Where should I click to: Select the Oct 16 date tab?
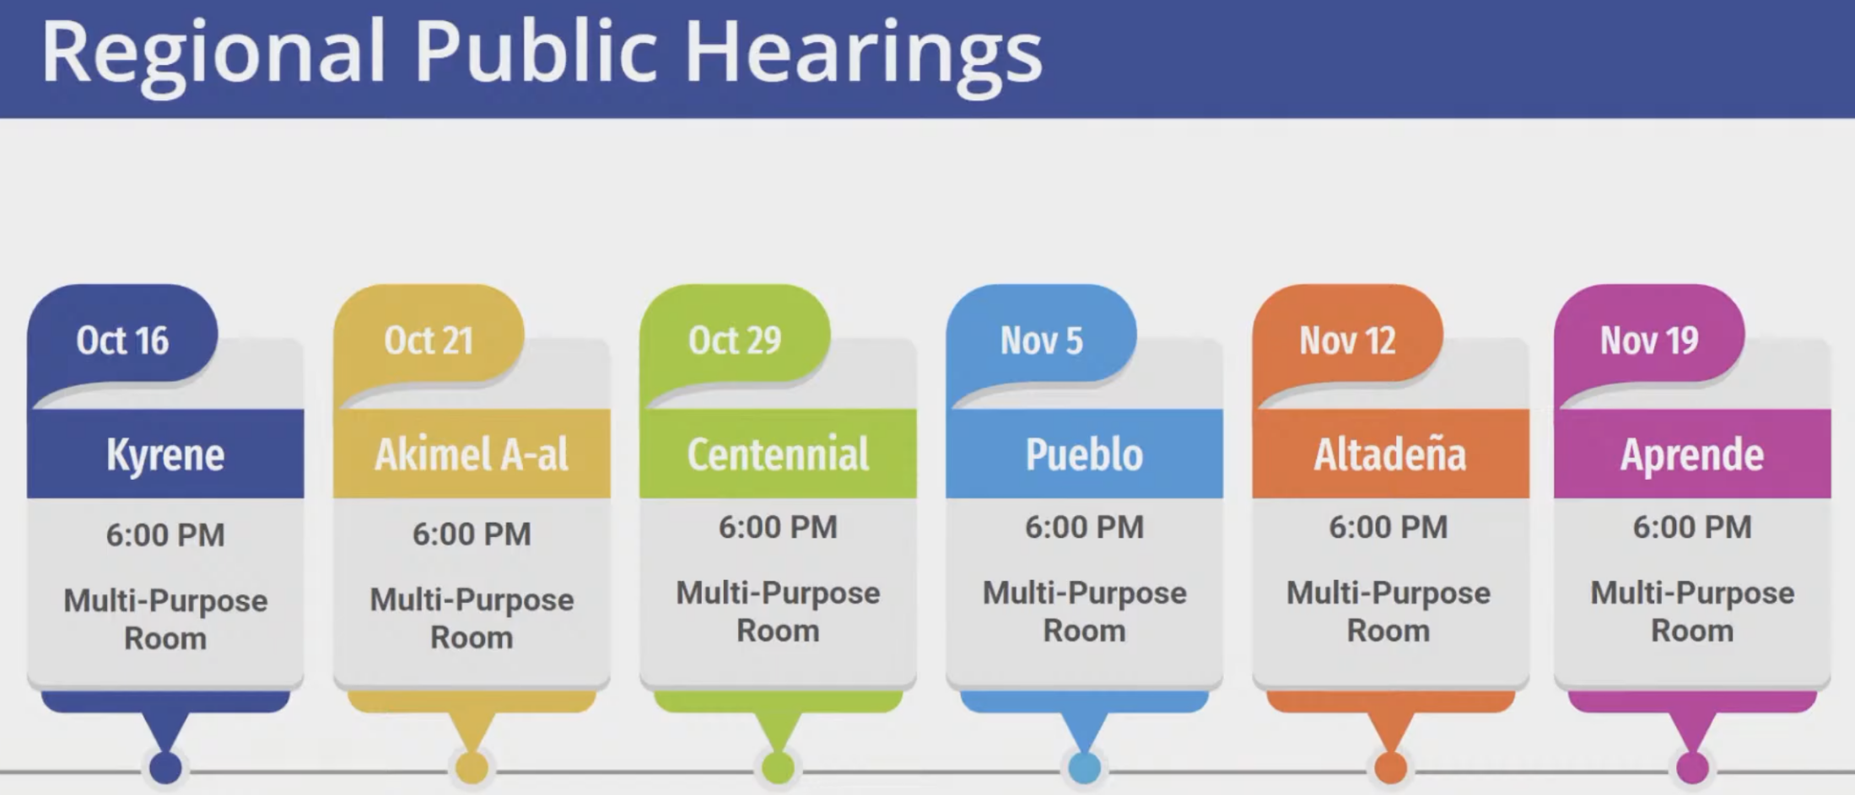[x=122, y=341]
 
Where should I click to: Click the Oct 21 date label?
[x=429, y=341]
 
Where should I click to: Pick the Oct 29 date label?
[x=735, y=341]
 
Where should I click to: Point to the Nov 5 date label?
[x=1041, y=341]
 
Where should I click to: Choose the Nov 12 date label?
[x=1347, y=341]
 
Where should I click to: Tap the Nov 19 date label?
[x=1649, y=341]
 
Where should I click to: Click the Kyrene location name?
[x=165, y=455]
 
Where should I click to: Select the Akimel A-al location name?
[x=472, y=454]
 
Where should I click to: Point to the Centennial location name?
[x=778, y=454]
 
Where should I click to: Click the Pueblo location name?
[x=1084, y=454]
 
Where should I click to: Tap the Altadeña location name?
[x=1390, y=454]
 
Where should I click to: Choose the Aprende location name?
[x=1692, y=455]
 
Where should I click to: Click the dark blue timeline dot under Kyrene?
[x=165, y=768]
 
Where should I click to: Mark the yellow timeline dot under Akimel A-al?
[x=472, y=768]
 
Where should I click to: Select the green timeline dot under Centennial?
[x=778, y=768]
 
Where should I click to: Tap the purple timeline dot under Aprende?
[x=1692, y=768]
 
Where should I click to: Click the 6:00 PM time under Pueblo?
[x=1084, y=528]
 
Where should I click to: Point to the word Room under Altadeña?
[x=1389, y=631]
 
